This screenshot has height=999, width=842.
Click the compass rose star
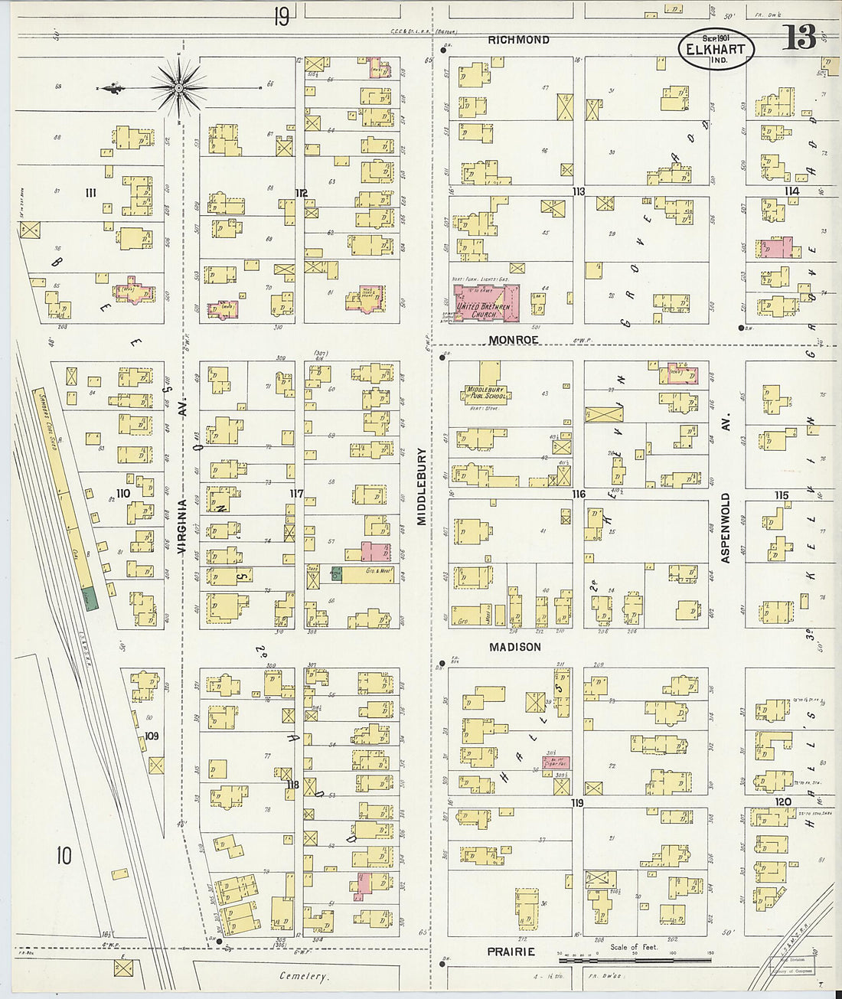pyautogui.click(x=178, y=89)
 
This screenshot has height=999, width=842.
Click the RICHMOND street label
pyautogui.click(x=518, y=40)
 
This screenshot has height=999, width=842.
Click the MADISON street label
pyautogui.click(x=515, y=647)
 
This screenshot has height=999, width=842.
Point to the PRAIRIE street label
pyautogui.click(x=511, y=952)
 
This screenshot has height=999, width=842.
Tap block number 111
pyautogui.click(x=91, y=193)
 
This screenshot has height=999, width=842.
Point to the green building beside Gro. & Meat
pyautogui.click(x=335, y=575)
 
